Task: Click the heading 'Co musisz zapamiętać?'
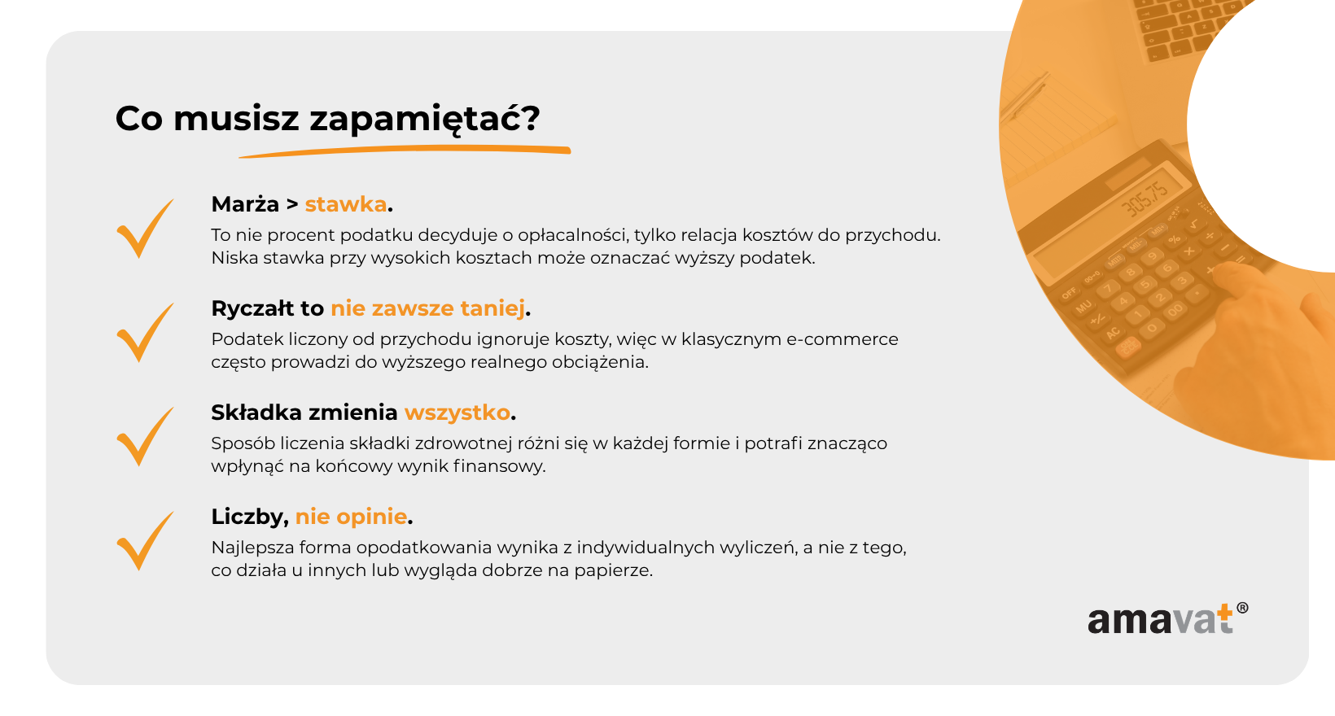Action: click(328, 119)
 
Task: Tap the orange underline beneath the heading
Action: click(405, 151)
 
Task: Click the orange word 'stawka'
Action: click(346, 204)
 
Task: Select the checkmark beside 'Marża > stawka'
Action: click(145, 228)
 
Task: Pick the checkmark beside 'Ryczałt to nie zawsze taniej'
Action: click(145, 333)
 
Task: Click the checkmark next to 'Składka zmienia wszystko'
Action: click(145, 437)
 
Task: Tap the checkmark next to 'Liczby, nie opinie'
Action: click(145, 541)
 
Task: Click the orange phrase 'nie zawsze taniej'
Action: click(428, 308)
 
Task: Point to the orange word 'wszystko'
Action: click(457, 413)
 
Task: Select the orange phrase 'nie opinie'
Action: click(351, 517)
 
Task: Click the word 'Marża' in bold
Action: click(245, 204)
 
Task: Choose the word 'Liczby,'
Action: click(250, 517)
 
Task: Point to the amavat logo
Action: click(1167, 619)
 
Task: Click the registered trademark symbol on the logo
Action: click(1242, 608)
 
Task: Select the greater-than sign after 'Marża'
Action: click(292, 205)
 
